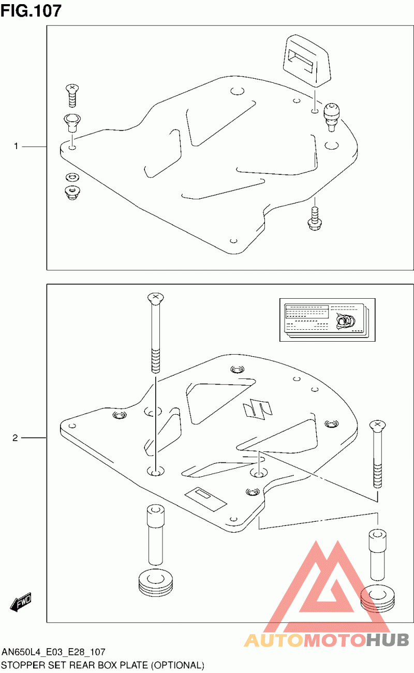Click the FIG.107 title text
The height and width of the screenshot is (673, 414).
point(31,11)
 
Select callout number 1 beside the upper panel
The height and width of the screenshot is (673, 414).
point(16,147)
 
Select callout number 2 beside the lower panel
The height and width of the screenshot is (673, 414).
point(16,438)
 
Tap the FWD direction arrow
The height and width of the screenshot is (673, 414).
point(20,602)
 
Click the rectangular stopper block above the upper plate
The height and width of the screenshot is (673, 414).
point(307,61)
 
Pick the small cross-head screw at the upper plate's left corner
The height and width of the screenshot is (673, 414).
point(72,95)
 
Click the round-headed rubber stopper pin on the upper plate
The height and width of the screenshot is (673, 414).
point(331,117)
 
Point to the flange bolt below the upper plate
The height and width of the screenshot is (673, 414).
point(315,218)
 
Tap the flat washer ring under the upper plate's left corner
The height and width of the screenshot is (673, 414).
point(72,177)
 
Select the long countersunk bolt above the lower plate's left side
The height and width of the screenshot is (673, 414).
point(156,333)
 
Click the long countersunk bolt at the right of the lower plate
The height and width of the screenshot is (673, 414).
point(378,454)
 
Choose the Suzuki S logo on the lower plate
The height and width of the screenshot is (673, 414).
point(258,409)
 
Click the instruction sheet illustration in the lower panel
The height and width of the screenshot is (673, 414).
point(327,320)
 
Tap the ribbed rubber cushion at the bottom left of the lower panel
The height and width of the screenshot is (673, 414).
point(156,582)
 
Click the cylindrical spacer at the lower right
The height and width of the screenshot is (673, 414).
point(378,555)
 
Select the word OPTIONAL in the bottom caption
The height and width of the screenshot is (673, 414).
point(178,665)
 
